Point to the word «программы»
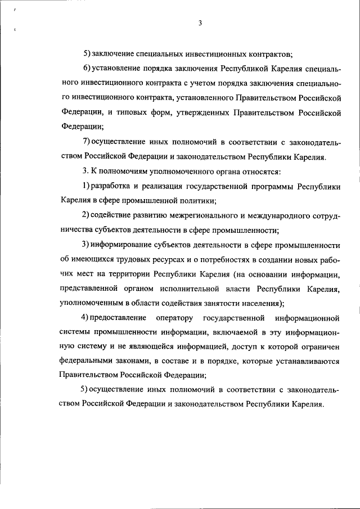click(269, 186)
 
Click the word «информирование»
click(123, 245)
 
